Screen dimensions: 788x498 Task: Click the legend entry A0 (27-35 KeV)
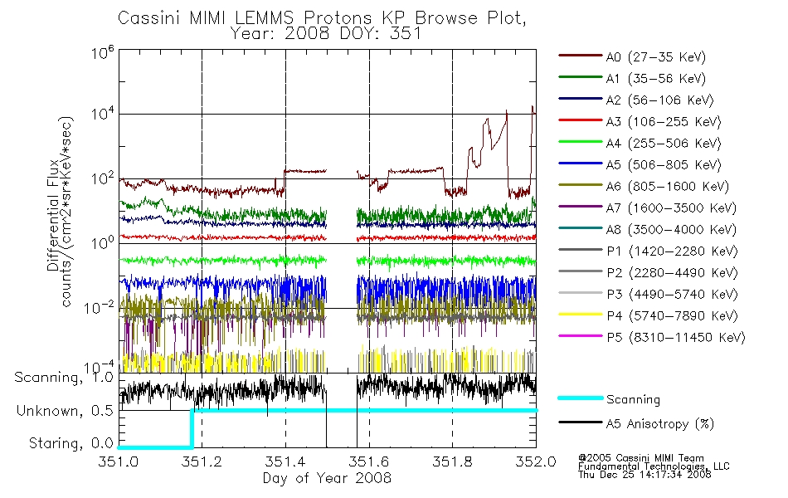pyautogui.click(x=632, y=56)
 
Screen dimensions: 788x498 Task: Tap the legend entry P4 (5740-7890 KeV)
pyautogui.click(x=648, y=316)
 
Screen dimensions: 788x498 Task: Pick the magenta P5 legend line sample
pyautogui.click(x=580, y=336)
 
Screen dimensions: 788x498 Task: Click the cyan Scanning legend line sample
pyautogui.click(x=580, y=398)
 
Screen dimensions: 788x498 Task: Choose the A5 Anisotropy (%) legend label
pyautogui.click(x=660, y=424)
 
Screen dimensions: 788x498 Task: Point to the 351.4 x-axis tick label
pyautogui.click(x=285, y=461)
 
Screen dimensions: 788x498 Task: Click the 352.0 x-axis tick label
pyautogui.click(x=536, y=461)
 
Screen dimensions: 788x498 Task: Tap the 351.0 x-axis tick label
pyautogui.click(x=119, y=461)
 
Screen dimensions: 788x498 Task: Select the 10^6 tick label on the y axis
pyautogui.click(x=103, y=52)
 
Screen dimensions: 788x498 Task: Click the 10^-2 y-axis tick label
pyautogui.click(x=100, y=307)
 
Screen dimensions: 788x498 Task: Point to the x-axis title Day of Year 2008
pyautogui.click(x=327, y=478)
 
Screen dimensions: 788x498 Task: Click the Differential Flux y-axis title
pyautogui.click(x=53, y=215)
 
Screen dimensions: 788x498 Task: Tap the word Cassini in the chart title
pyautogui.click(x=150, y=18)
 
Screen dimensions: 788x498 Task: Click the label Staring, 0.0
pyautogui.click(x=71, y=443)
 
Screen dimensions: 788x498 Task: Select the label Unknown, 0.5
pyautogui.click(x=65, y=411)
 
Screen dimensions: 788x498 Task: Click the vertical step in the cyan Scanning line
pyautogui.click(x=192, y=428)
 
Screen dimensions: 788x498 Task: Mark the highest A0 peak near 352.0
pyautogui.click(x=533, y=106)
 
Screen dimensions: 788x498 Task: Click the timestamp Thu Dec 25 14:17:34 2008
pyautogui.click(x=645, y=475)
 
